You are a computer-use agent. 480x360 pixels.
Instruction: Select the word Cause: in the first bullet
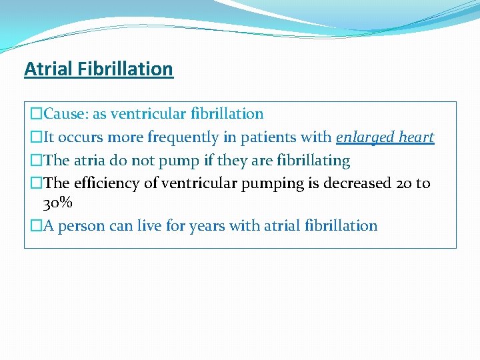click(66, 114)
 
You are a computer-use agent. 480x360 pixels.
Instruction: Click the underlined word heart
click(417, 137)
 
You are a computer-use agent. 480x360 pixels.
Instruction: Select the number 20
click(405, 183)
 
